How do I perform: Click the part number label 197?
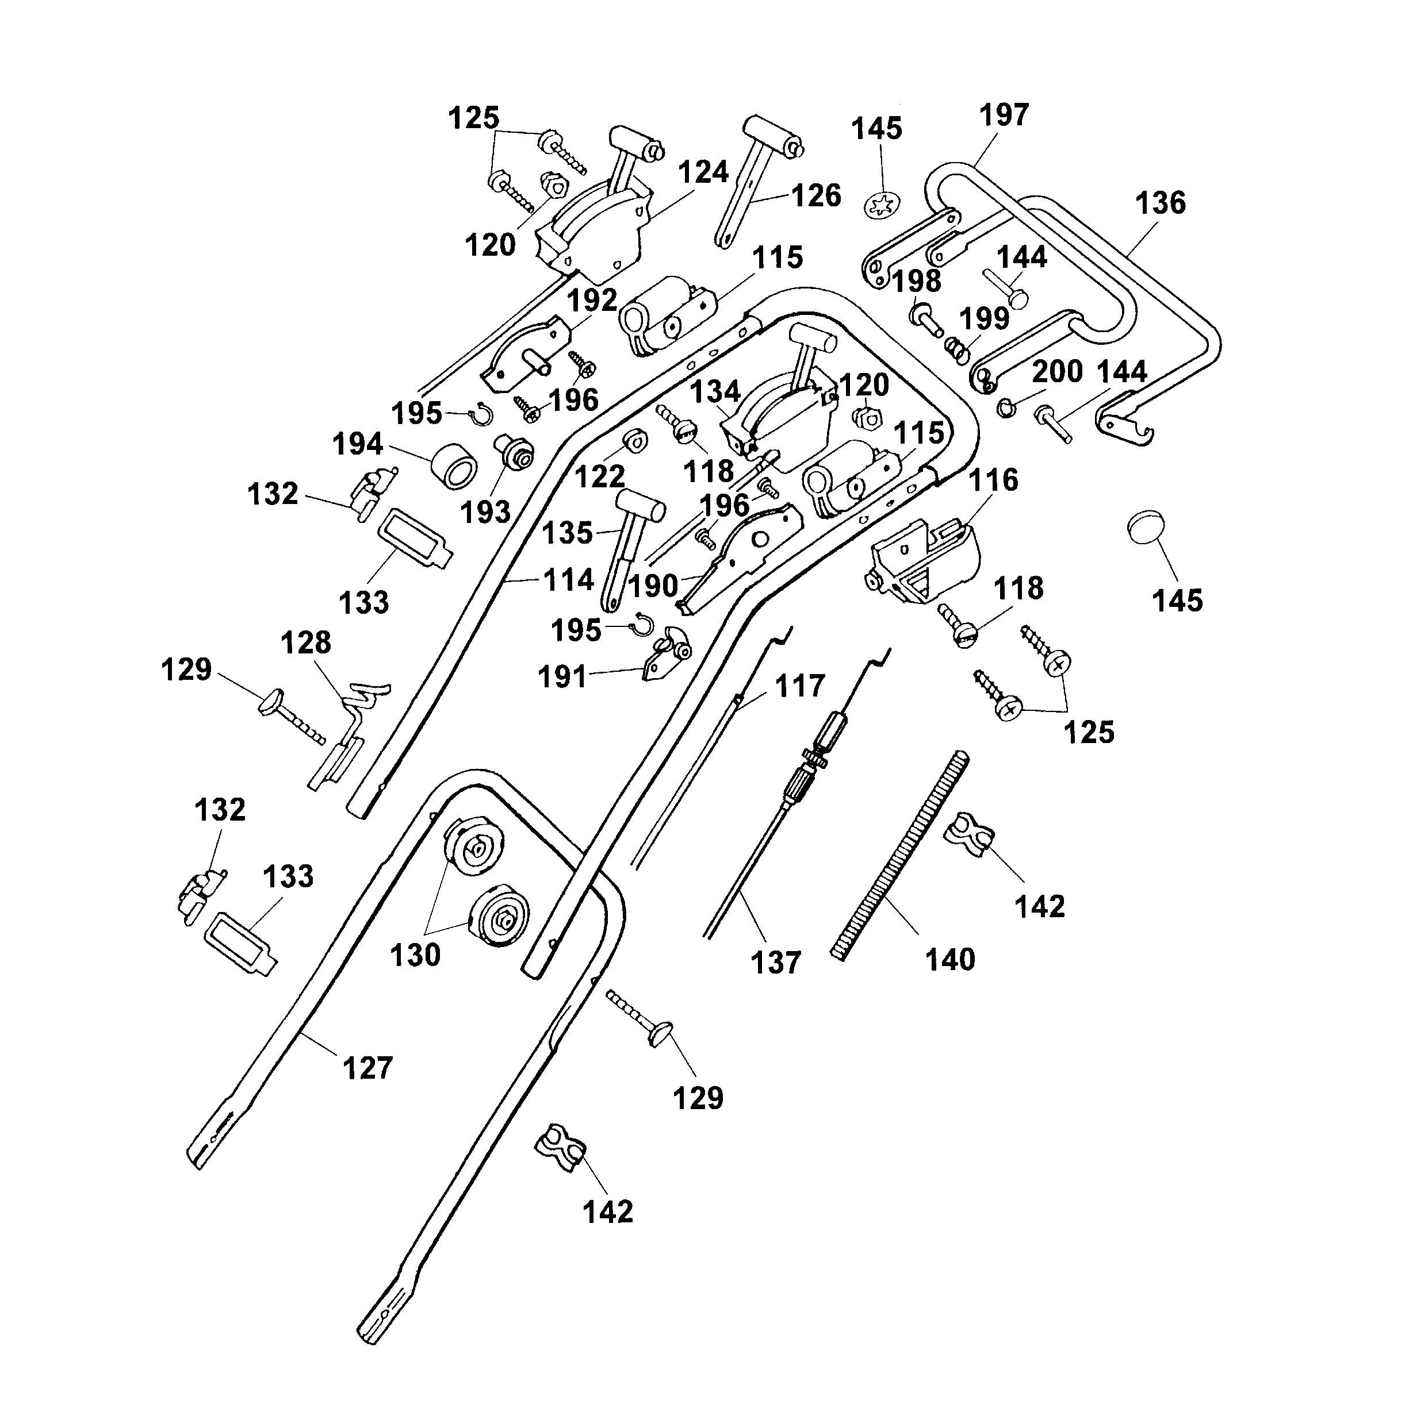coord(1004,115)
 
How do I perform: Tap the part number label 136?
coord(1161,203)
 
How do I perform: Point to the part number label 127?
coord(367,1068)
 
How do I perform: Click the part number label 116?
coord(994,480)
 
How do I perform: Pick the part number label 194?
coord(357,444)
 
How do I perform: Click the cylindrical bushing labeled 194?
coord(454,465)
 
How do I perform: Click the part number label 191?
coord(562,677)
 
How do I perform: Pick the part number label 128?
coord(306,642)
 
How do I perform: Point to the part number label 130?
coord(415,955)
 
